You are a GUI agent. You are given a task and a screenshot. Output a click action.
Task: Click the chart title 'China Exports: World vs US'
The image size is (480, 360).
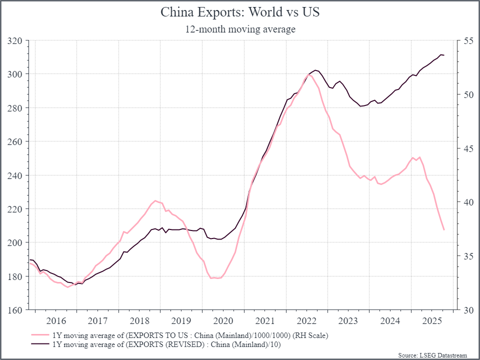pos(240,12)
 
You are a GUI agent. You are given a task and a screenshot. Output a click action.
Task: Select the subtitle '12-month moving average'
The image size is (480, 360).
pos(240,29)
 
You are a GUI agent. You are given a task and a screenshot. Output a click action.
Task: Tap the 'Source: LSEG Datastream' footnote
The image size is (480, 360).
pos(432,355)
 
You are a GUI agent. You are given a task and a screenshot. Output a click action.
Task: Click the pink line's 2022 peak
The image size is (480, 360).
pos(308,74)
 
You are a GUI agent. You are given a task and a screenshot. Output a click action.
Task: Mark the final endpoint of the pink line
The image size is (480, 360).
pos(444,230)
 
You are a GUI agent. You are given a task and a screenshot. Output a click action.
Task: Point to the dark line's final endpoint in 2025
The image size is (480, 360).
pos(444,55)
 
